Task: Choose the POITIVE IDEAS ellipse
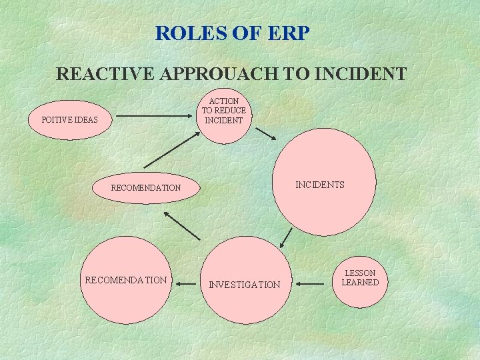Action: pos(69,120)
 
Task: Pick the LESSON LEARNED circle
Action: pos(359,278)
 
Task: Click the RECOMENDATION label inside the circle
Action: pos(126,280)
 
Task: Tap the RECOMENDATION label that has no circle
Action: pos(145,187)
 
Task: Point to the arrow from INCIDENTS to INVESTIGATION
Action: pos(287,238)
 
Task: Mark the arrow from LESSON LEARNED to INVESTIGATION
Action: pos(310,284)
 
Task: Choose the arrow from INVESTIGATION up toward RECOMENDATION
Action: pos(181,225)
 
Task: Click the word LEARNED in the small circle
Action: pos(360,283)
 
